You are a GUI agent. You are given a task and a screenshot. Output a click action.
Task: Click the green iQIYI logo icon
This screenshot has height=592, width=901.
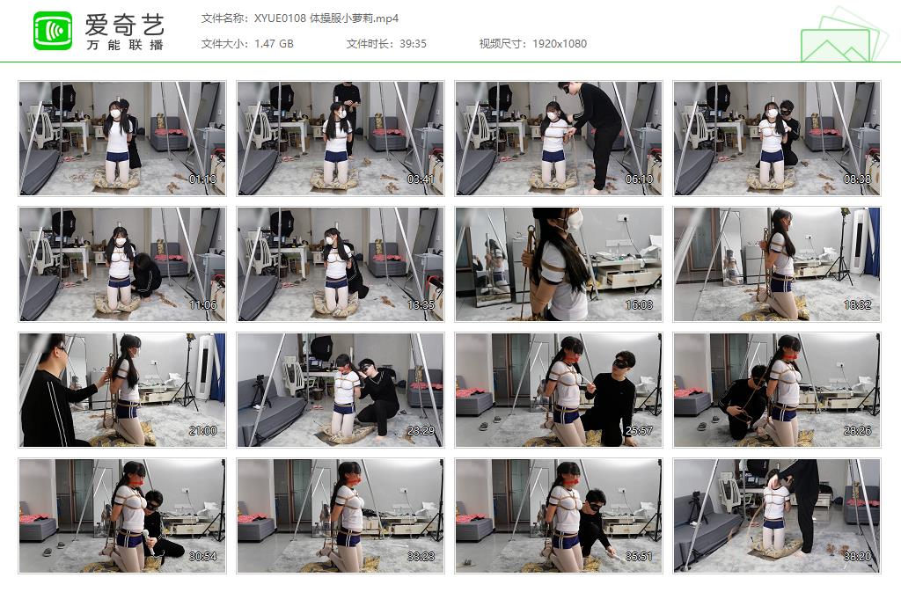tap(53, 31)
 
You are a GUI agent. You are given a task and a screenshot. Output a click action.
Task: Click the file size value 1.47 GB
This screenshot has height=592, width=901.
tap(274, 44)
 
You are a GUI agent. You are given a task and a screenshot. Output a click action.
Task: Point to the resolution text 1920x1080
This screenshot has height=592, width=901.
tap(560, 44)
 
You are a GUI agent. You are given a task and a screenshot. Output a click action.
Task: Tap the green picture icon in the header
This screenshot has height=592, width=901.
tap(839, 35)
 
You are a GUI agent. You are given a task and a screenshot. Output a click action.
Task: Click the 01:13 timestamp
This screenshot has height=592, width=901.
tap(202, 179)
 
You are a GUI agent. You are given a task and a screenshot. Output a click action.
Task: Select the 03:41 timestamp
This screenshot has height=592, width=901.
tap(421, 179)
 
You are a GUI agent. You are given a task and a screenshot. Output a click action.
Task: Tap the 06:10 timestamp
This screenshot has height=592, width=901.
tap(639, 179)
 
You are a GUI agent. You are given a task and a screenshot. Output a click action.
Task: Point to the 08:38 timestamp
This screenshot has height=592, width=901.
tap(857, 179)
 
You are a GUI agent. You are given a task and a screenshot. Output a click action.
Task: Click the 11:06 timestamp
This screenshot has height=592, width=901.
tap(202, 304)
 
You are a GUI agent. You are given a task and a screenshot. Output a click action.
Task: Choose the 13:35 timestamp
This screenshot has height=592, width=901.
tap(421, 304)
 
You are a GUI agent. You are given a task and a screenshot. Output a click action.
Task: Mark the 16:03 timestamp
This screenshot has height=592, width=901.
tap(639, 304)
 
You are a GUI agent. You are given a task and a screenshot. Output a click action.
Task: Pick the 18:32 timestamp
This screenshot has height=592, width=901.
tap(857, 304)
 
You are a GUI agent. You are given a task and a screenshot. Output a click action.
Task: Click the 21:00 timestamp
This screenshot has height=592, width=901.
tap(202, 431)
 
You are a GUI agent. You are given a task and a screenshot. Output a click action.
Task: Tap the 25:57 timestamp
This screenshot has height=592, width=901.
tap(639, 431)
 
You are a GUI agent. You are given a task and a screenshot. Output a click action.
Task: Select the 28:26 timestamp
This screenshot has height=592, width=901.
tap(857, 431)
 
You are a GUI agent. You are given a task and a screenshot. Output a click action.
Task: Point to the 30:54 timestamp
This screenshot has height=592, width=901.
tap(202, 557)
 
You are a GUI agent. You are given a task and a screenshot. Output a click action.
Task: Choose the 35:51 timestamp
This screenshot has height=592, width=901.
tap(639, 557)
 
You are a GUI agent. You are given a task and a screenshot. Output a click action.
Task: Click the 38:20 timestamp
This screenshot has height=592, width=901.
tap(857, 557)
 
